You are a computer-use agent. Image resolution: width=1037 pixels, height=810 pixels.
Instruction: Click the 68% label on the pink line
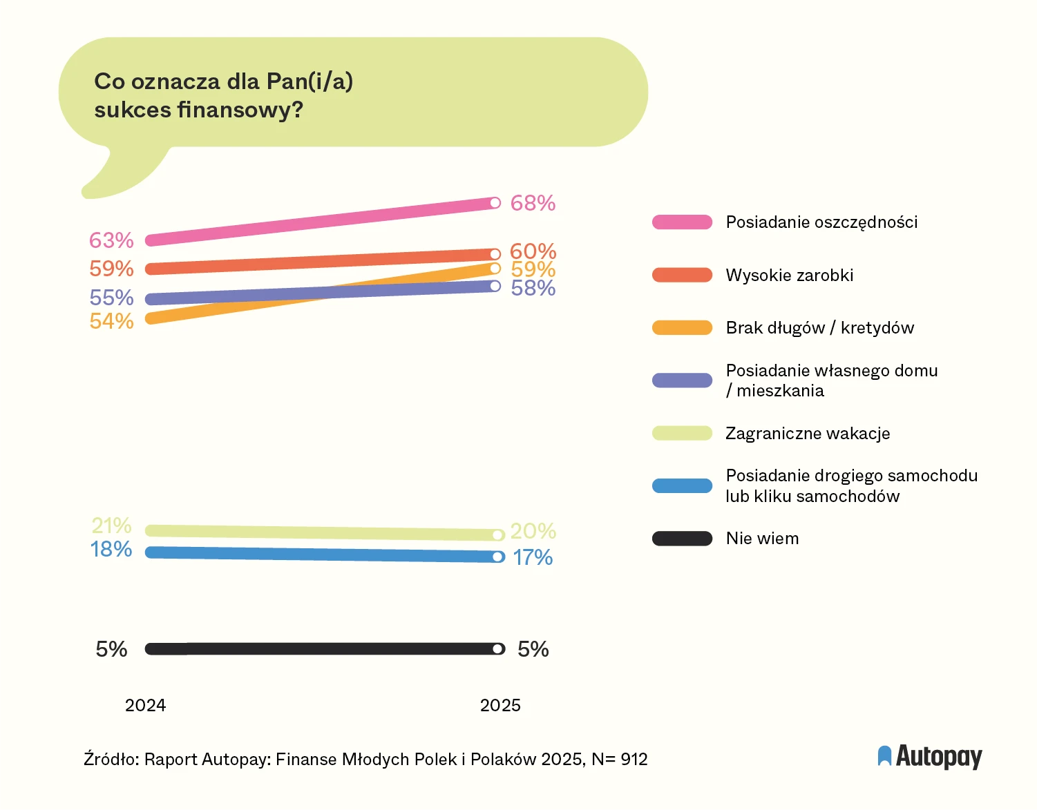pyautogui.click(x=533, y=203)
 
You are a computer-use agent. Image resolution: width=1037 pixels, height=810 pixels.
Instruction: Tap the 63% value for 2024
pyautogui.click(x=111, y=240)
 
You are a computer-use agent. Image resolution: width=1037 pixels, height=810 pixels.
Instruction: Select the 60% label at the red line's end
pyautogui.click(x=533, y=251)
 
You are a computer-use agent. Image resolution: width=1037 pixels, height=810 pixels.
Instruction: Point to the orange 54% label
pyautogui.click(x=111, y=321)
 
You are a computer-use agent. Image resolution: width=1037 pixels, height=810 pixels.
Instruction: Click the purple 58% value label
pyautogui.click(x=533, y=288)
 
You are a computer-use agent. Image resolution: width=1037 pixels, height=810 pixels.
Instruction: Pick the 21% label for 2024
pyautogui.click(x=111, y=525)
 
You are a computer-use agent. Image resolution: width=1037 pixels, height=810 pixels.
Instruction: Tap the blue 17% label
pyautogui.click(x=533, y=557)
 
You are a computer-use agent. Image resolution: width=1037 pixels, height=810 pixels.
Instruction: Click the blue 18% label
pyautogui.click(x=111, y=549)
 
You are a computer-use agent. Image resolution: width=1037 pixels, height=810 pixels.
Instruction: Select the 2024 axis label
pyautogui.click(x=145, y=705)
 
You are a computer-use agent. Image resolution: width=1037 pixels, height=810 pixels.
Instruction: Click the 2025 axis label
pyautogui.click(x=500, y=705)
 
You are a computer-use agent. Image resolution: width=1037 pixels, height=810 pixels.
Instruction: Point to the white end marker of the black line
pyautogui.click(x=497, y=649)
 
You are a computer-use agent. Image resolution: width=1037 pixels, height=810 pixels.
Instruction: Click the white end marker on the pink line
pyautogui.click(x=495, y=203)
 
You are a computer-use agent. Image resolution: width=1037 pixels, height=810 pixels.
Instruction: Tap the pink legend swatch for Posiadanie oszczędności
pyautogui.click(x=682, y=222)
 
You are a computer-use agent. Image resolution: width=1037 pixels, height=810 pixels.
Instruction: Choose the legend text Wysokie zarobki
pyautogui.click(x=789, y=276)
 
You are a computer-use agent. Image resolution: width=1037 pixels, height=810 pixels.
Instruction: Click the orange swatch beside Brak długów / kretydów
pyautogui.click(x=682, y=328)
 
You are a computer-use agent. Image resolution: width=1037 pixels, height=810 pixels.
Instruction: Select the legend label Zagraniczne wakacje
pyautogui.click(x=807, y=434)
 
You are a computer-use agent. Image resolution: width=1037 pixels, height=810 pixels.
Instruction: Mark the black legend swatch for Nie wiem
pyautogui.click(x=682, y=539)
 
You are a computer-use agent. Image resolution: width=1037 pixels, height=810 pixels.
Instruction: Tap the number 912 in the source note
pyautogui.click(x=634, y=760)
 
